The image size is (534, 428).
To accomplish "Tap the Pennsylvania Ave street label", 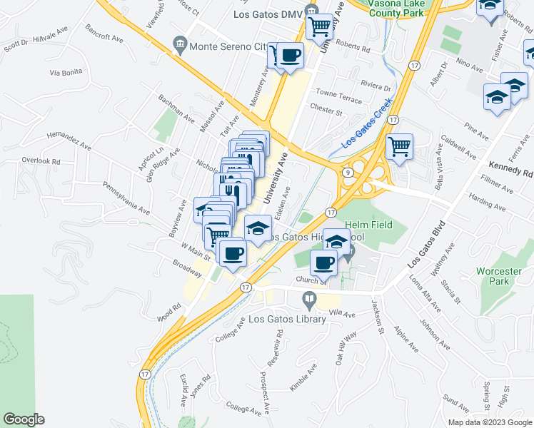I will (x=126, y=198).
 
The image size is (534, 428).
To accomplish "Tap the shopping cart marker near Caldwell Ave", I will (x=400, y=147).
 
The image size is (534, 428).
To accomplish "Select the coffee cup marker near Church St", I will (x=324, y=262).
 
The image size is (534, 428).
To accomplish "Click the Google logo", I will (x=24, y=419).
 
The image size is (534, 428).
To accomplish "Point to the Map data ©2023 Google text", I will (x=489, y=422).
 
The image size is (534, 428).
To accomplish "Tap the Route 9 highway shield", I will (x=346, y=172).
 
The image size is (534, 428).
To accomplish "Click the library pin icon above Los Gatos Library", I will (x=310, y=298).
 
